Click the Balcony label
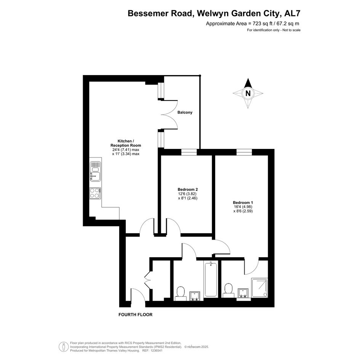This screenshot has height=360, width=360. tap(185, 112)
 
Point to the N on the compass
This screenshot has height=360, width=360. tap(248, 93)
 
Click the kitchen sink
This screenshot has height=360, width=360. tap(95, 171)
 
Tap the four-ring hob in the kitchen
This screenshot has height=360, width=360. tap(95, 193)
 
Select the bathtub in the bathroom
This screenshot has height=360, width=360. tap(211, 279)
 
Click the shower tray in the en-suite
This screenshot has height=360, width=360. tap(259, 288)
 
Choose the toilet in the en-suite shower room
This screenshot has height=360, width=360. tap(229, 290)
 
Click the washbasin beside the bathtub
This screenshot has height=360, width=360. tap(195, 296)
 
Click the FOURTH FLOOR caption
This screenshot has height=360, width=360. tap(136, 315)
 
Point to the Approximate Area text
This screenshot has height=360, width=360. tap(253, 23)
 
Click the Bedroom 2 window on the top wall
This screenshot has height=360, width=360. tap(189, 152)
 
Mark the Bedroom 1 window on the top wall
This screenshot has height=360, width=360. tap(244, 152)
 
